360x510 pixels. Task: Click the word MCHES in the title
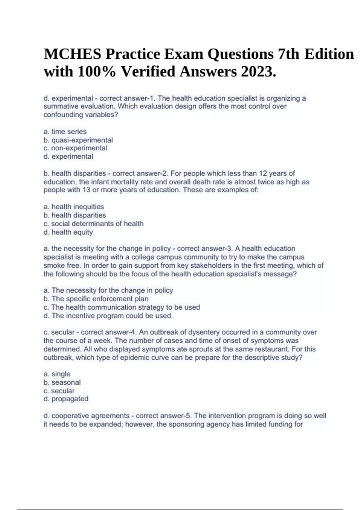tap(72, 54)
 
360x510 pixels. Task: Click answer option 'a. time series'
tap(65, 132)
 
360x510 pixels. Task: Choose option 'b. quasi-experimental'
tap(78, 140)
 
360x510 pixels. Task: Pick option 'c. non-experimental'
tap(75, 148)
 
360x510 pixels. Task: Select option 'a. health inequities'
tap(74, 207)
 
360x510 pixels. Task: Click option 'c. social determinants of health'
tap(94, 224)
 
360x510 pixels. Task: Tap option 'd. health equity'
tap(68, 232)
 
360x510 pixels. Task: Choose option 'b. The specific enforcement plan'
tap(96, 299)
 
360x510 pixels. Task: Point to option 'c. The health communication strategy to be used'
tap(121, 307)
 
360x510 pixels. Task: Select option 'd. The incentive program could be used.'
tap(108, 316)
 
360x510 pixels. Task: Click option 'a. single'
tap(57, 374)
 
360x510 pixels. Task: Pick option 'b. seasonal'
tap(62, 382)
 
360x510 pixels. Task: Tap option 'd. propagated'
tap(66, 399)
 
